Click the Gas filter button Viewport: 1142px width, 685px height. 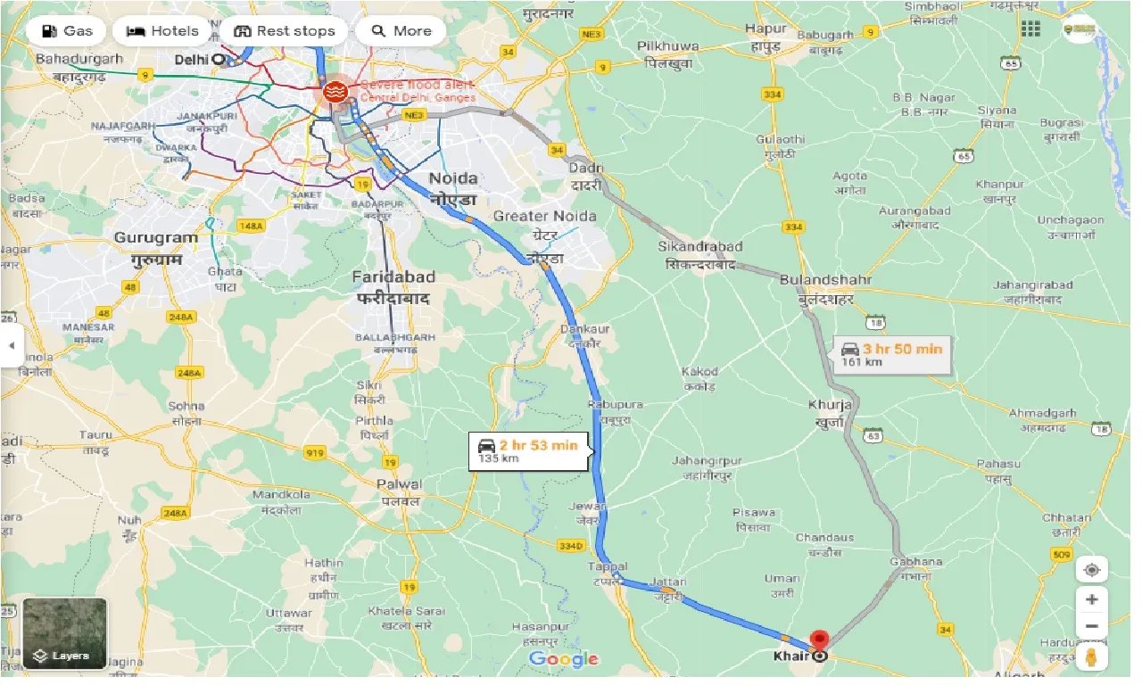click(65, 31)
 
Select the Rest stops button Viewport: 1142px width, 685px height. click(284, 31)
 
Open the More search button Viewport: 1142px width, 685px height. click(401, 31)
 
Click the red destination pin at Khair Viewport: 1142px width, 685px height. click(819, 640)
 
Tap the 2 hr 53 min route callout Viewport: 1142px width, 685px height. click(528, 451)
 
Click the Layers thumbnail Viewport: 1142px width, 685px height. click(64, 633)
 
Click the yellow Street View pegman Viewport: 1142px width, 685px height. click(1091, 659)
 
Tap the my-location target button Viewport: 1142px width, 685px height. click(1091, 569)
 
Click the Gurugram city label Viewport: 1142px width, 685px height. click(156, 238)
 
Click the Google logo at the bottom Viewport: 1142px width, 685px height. click(563, 659)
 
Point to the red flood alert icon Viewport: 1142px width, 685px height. click(336, 92)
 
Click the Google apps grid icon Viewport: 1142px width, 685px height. click(1030, 29)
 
